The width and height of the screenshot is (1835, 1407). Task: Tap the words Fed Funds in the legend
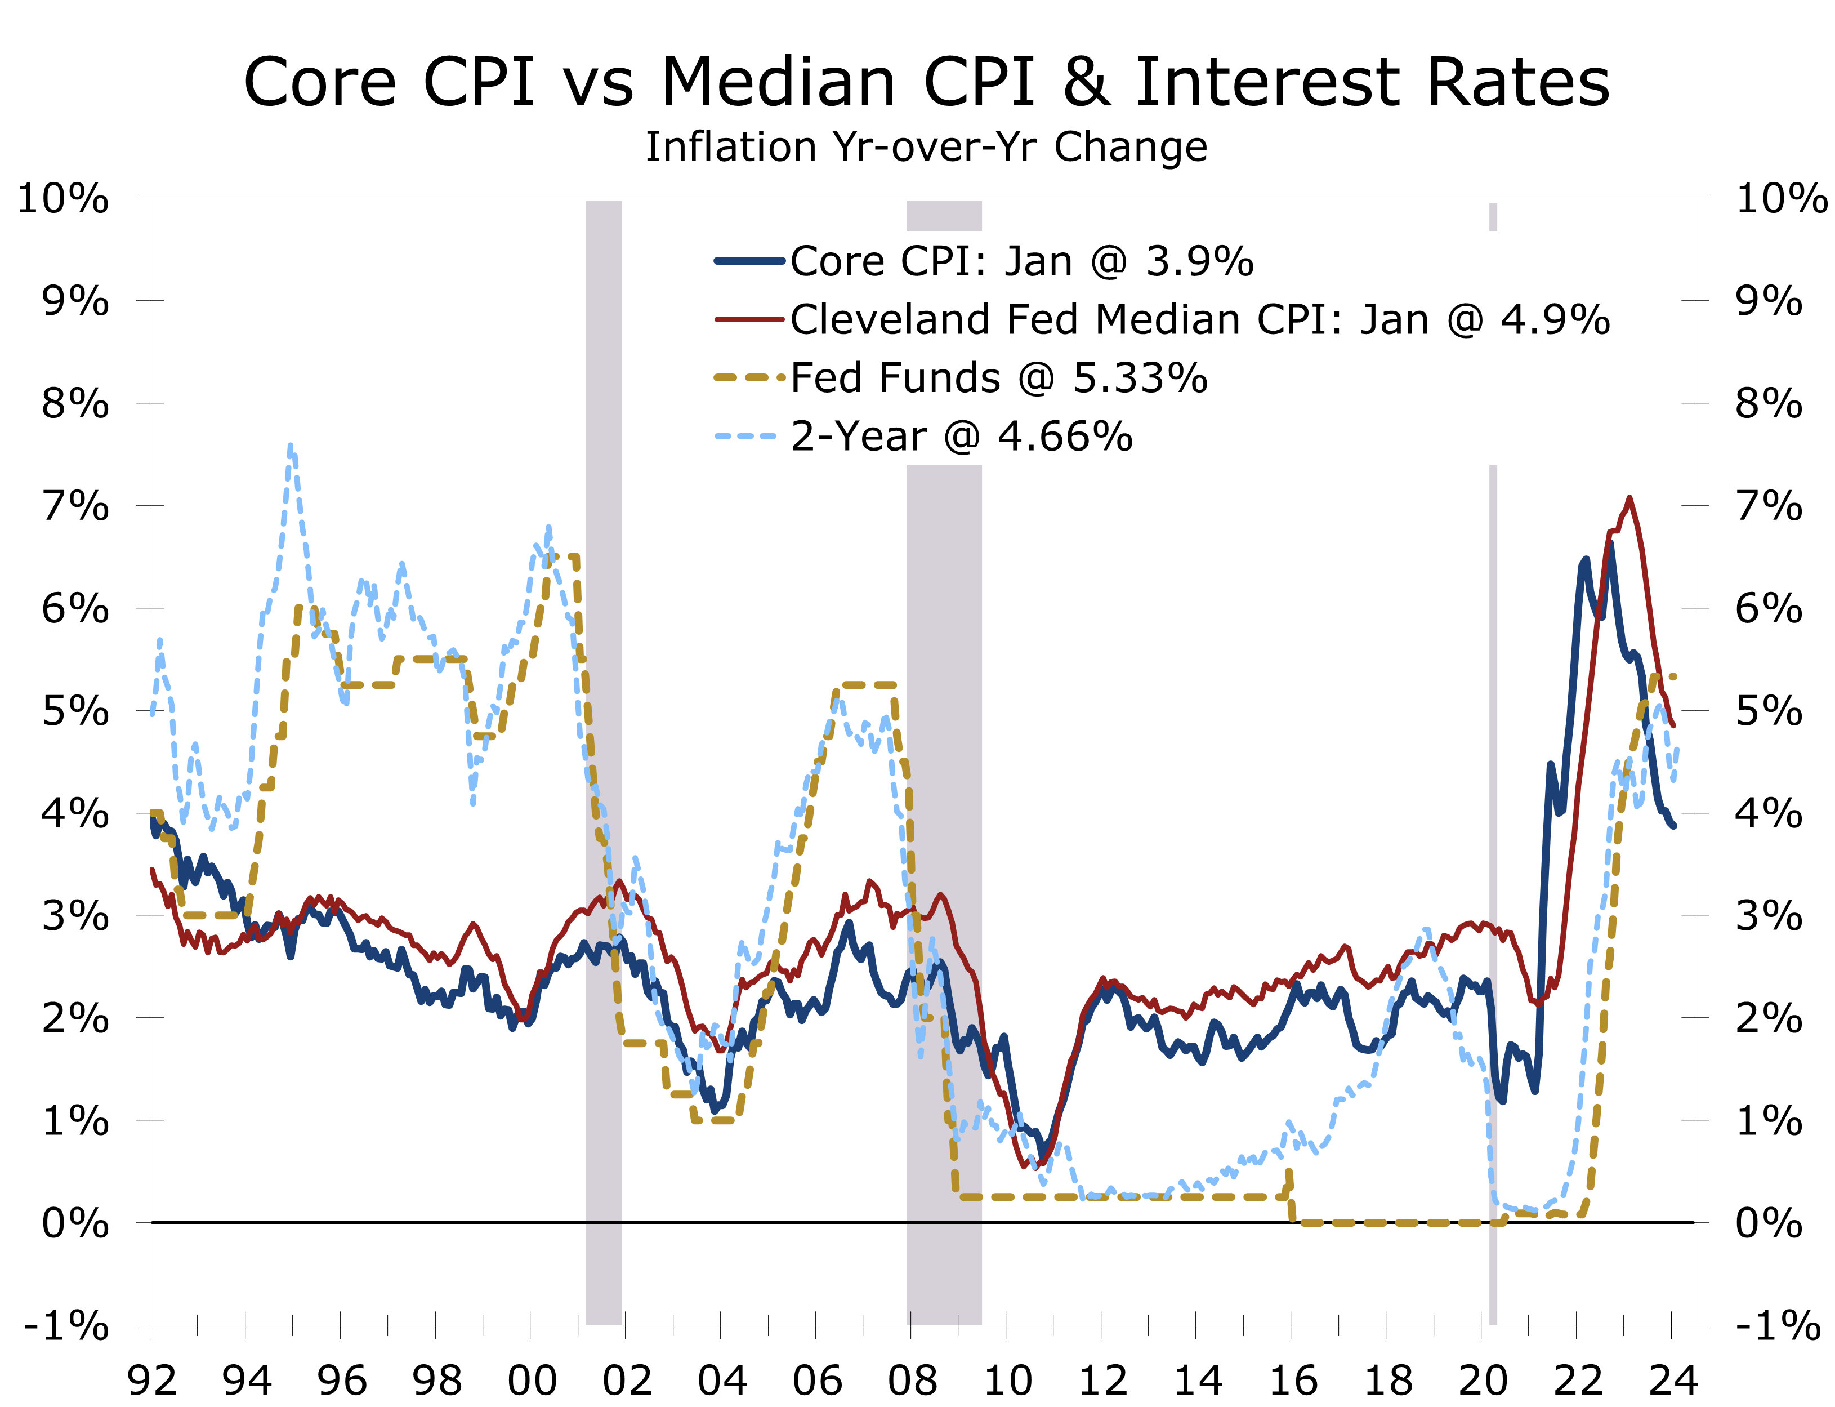coord(895,379)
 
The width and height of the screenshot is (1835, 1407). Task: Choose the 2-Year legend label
coord(858,437)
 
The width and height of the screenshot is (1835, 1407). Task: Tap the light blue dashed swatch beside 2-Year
coord(745,437)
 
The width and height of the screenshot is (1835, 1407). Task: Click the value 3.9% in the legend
coord(1199,261)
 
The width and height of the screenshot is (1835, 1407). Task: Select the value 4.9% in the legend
coord(1555,320)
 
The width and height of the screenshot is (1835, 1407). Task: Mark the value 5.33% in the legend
coord(1140,379)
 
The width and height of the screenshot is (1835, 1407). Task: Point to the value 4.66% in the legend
coord(1065,437)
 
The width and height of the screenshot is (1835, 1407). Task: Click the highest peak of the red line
coord(1629,498)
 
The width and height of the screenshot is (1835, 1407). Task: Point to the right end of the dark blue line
coord(1673,826)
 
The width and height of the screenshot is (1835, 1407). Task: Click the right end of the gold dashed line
coord(1673,676)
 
